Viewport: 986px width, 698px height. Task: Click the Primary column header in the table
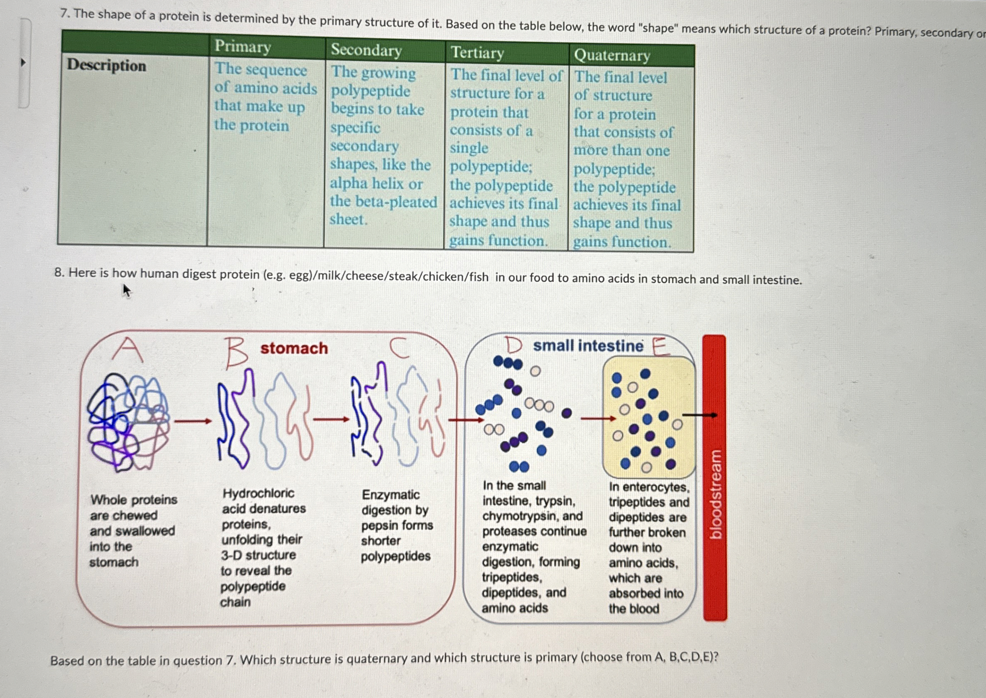(x=243, y=46)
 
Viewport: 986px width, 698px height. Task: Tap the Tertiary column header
(x=477, y=53)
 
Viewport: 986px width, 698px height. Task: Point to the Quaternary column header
(x=612, y=56)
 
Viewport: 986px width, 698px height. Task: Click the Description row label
(x=106, y=65)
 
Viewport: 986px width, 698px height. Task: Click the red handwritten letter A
(x=127, y=349)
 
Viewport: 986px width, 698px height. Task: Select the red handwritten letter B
(x=235, y=353)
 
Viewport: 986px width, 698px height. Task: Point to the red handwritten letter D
(x=513, y=345)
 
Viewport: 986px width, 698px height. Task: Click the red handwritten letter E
(x=660, y=346)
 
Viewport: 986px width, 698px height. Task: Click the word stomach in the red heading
(x=294, y=348)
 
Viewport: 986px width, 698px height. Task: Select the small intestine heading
(x=588, y=345)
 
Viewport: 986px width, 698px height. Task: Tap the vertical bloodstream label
(x=715, y=494)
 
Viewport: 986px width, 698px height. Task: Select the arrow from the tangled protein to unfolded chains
(x=193, y=421)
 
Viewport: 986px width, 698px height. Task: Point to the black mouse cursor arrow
(x=126, y=291)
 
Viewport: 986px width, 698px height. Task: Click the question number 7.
(x=64, y=13)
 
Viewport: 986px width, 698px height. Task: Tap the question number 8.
(x=59, y=272)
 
